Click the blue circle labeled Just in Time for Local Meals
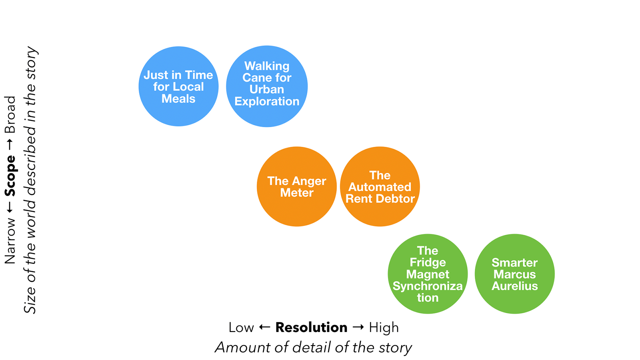coord(178,86)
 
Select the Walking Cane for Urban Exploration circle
coord(267,86)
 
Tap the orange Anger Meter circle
coord(297,186)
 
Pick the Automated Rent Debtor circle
coord(380,186)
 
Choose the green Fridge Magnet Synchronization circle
coord(428,274)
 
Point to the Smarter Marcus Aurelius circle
coord(514,274)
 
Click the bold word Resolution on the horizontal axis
coord(311,328)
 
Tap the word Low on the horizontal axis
coord(241,328)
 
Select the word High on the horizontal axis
coord(384,328)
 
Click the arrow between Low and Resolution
coord(264,328)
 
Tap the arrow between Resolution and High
coord(358,328)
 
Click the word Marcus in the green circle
coord(514,274)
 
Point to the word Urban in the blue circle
coord(267,89)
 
